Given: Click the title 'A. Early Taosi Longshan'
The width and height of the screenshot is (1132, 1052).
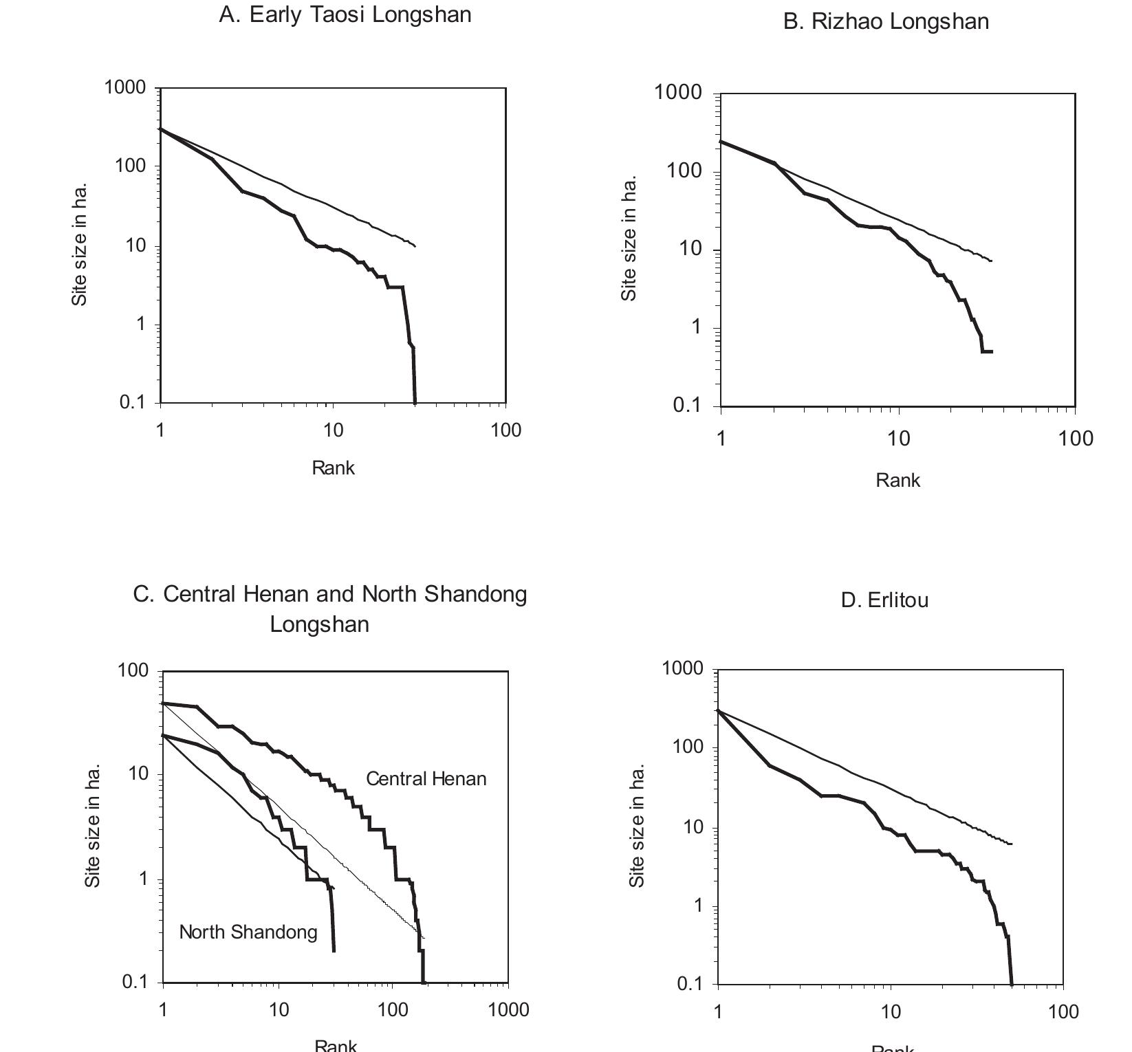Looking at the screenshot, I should [345, 15].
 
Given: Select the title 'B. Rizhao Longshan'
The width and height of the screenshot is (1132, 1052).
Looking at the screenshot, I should [886, 22].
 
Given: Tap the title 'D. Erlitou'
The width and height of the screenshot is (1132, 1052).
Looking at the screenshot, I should [884, 600].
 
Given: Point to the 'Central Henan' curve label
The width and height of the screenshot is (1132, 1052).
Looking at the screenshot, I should [426, 779].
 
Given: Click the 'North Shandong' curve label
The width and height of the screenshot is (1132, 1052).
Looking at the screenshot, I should [248, 932].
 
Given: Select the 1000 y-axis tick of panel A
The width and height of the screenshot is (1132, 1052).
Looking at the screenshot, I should [125, 87].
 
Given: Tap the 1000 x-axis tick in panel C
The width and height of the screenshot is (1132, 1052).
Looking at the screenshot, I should [508, 1010].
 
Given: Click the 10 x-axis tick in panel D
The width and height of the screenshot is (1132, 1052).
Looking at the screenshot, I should [891, 1012].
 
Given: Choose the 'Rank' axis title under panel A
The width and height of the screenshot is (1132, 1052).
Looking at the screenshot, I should [333, 468].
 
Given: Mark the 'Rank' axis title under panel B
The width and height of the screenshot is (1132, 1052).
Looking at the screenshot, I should [897, 481].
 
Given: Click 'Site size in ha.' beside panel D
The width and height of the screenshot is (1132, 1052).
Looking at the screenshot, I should [637, 825].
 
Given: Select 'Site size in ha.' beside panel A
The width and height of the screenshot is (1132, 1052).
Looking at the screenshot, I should [80, 244].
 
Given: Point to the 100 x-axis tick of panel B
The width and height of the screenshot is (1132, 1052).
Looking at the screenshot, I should [1076, 439].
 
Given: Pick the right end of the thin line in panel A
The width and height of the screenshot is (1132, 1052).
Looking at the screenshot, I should [415, 246].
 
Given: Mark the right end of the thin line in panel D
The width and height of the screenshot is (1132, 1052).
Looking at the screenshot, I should [1011, 844].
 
